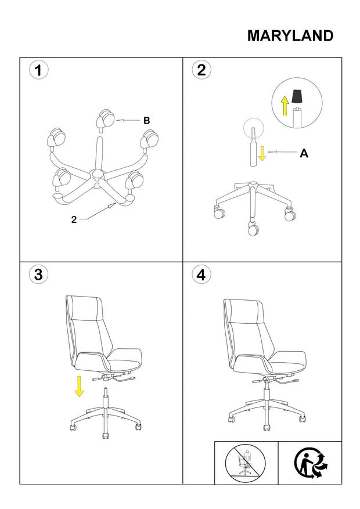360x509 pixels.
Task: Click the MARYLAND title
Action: coord(290,36)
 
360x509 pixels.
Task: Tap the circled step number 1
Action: coord(39,70)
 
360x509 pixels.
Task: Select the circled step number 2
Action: coord(201,70)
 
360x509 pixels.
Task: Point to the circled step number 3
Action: coord(39,275)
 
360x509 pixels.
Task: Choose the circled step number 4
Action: coord(201,275)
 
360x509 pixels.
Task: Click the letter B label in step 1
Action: coord(147,121)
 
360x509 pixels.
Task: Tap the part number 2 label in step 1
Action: coord(74,220)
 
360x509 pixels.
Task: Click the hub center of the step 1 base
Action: coord(98,174)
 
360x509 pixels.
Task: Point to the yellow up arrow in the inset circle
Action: coord(285,106)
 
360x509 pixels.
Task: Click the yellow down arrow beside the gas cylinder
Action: coord(262,153)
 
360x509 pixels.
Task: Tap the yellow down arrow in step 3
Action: coord(79,387)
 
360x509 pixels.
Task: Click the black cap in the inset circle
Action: coord(297,96)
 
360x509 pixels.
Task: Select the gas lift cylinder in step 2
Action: coord(253,147)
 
